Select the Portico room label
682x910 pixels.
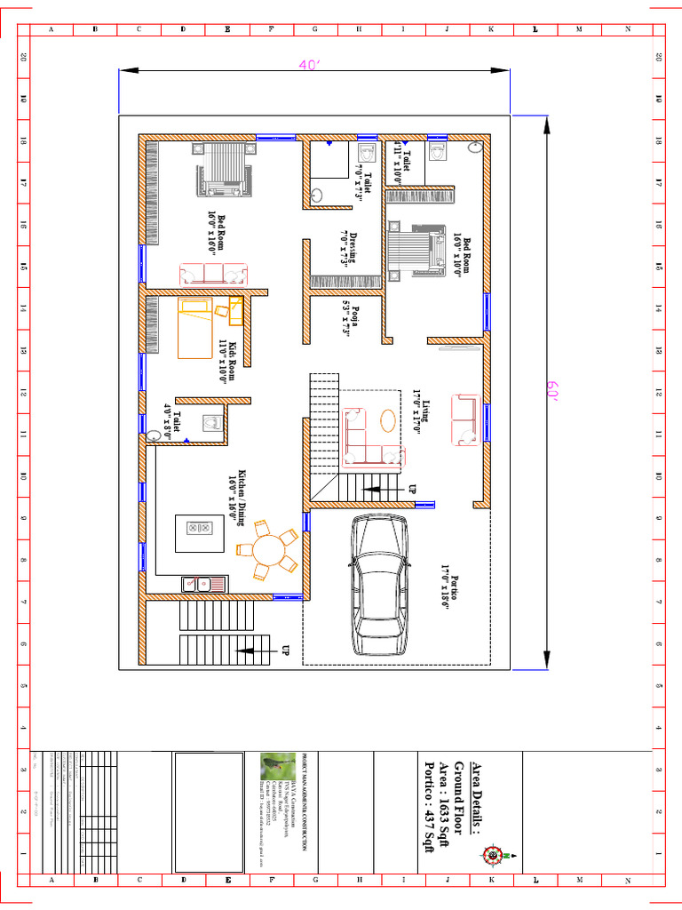coord(447,583)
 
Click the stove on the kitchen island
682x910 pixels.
coord(198,527)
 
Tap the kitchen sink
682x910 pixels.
coord(196,584)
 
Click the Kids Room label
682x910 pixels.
coord(227,360)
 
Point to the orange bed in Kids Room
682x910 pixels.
coord(195,328)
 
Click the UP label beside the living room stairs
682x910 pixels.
coord(412,490)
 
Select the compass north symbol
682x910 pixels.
coord(492,855)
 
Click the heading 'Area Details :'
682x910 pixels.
coord(476,799)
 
